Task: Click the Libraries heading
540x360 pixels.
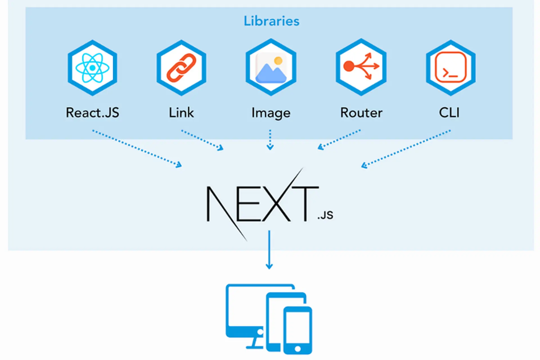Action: [271, 21]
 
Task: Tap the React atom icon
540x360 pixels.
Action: [92, 68]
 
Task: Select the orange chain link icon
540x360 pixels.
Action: [181, 68]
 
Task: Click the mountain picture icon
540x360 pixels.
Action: [271, 69]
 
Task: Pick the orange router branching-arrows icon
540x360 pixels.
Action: [361, 66]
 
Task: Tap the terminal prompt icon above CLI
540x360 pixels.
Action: [451, 67]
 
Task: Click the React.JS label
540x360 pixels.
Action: [92, 113]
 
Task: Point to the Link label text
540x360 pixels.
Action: [181, 113]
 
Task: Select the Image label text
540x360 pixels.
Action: [271, 113]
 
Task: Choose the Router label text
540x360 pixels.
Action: [361, 113]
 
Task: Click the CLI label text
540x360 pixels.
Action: [449, 113]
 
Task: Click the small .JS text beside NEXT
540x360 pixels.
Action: [325, 215]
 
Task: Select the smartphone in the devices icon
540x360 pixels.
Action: [298, 330]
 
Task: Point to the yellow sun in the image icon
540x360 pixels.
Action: [278, 60]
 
